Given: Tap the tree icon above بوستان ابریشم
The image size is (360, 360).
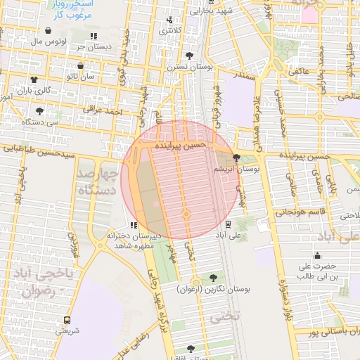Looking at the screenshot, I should (236, 157).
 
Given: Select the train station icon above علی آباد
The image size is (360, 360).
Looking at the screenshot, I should (229, 224).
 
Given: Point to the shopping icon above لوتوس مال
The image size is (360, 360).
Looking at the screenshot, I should (48, 31).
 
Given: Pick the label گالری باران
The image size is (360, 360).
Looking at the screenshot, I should (35, 91).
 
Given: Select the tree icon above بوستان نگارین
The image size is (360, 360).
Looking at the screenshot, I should (212, 278).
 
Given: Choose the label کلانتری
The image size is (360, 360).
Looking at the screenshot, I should (170, 31).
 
